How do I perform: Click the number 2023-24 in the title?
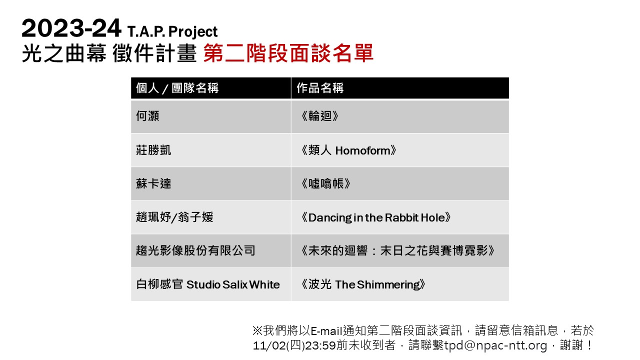coord(71,28)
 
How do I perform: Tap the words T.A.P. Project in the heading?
coord(172,31)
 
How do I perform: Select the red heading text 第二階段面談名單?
coord(288,53)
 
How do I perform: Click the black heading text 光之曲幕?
coord(64,53)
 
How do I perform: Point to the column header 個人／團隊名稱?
coord(177,88)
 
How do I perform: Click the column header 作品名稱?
coord(320,88)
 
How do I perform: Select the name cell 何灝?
coord(147,116)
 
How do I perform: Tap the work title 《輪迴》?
coord(319,116)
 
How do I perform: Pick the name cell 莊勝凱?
coord(153,150)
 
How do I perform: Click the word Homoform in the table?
coord(362,150)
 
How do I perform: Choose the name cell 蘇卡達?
coord(153,183)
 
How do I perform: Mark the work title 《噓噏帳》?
coord(325,183)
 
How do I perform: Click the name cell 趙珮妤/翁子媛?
coord(174,217)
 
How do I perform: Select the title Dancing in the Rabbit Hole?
coord(376,217)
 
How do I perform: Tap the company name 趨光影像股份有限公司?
coord(195,250)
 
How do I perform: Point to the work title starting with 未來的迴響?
coord(397,250)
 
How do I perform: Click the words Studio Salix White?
coord(233,284)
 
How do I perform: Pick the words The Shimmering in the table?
coord(377,284)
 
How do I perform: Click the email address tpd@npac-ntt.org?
coord(495,345)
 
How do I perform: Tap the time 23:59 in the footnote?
coord(320,345)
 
